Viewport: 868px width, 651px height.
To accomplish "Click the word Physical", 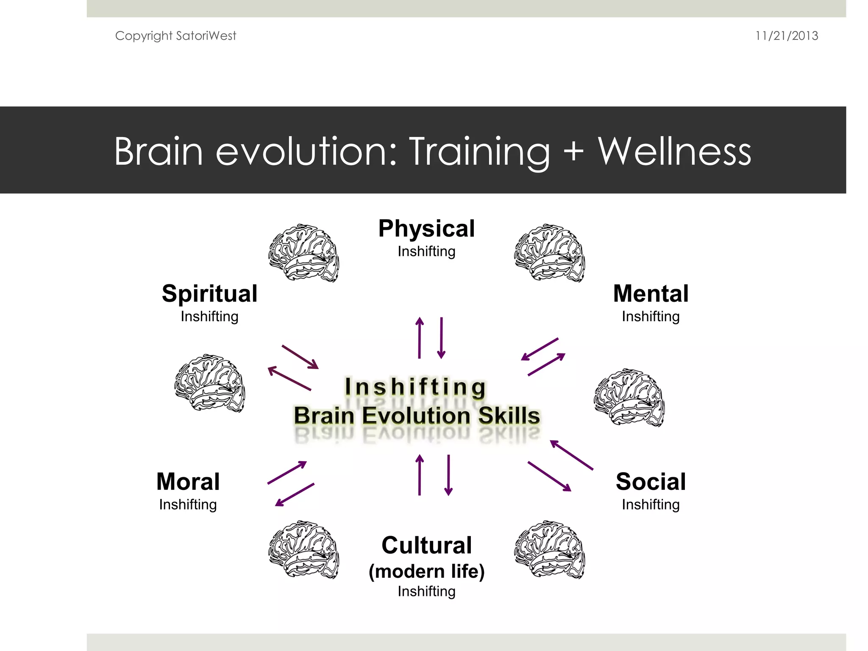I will coord(426,229).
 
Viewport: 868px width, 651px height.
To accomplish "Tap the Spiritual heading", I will coord(209,294).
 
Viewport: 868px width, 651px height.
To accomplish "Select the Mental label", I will coord(651,294).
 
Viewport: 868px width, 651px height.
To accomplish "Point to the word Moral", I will coord(188,482).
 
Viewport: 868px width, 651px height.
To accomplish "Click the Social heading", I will coord(651,482).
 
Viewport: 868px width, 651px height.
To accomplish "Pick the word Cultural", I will coord(426,545).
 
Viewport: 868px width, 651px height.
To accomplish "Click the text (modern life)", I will coord(426,571).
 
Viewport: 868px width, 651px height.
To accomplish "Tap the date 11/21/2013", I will coord(786,36).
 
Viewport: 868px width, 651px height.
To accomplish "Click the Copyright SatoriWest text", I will coord(175,36).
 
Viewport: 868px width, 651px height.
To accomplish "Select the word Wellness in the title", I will coord(674,151).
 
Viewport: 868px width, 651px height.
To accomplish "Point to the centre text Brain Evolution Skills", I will coord(417,415).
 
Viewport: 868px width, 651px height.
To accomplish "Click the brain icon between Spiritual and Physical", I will coord(303,253).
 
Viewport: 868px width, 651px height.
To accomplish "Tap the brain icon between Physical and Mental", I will coord(550,253).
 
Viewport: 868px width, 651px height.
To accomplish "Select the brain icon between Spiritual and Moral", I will coord(210,383).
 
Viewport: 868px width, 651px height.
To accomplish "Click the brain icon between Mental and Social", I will coord(629,397).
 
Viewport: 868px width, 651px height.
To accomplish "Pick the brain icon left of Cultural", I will coord(303,550).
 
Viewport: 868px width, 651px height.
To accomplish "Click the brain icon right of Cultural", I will coord(550,550).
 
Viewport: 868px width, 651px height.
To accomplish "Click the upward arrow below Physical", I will coord(420,338).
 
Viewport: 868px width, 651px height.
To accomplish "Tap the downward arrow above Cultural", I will coord(448,475).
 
